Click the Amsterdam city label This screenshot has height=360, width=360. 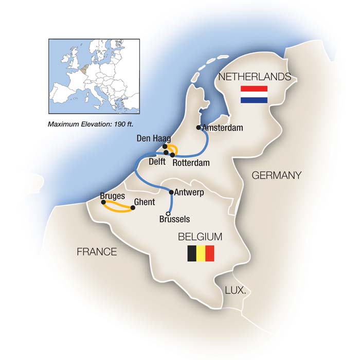(x=222, y=128)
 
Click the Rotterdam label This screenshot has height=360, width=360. (x=191, y=163)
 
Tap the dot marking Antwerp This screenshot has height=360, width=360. (x=171, y=192)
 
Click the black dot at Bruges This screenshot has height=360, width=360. (x=103, y=202)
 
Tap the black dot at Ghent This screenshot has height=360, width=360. (x=133, y=208)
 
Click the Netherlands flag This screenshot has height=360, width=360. (x=254, y=94)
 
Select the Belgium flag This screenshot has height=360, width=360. (x=201, y=254)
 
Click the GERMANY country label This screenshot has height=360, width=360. (x=276, y=176)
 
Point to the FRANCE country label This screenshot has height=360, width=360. (x=97, y=252)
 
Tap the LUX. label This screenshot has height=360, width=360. (x=235, y=291)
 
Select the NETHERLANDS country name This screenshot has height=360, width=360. (x=255, y=77)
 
